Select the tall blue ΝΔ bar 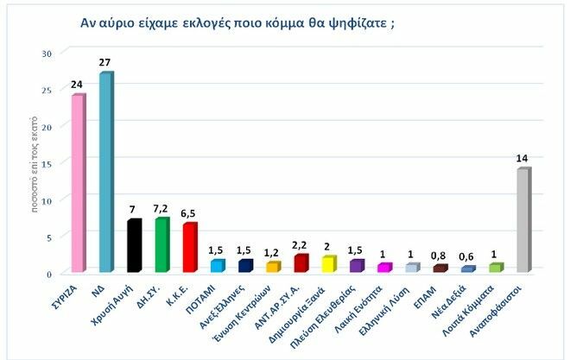pyautogui.click(x=105, y=173)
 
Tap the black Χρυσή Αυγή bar pyautogui.click(x=133, y=246)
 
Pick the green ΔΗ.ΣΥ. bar pyautogui.click(x=161, y=245)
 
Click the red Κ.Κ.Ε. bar pyautogui.click(x=190, y=248)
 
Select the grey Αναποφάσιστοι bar pyautogui.click(x=523, y=220)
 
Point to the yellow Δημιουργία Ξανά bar pyautogui.click(x=328, y=264)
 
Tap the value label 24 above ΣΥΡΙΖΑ pyautogui.click(x=79, y=85)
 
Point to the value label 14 pyautogui.click(x=522, y=159)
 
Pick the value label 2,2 pyautogui.click(x=301, y=246)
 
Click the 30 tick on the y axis pyautogui.click(x=48, y=54)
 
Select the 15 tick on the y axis pyautogui.click(x=48, y=163)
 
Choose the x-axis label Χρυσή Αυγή pyautogui.click(x=120, y=303)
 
